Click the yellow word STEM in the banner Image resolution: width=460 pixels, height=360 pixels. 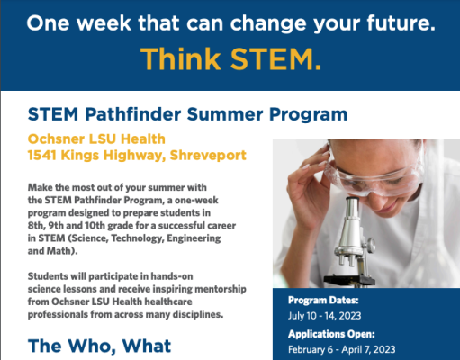tap(275, 59)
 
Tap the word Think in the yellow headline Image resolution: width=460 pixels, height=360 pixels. tap(180, 59)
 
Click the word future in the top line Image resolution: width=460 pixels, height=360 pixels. tap(401, 23)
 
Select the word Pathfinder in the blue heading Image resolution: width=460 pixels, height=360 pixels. tap(133, 114)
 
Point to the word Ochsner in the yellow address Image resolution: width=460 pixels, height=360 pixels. tap(56, 139)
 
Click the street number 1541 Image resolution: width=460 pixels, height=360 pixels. tap(42, 156)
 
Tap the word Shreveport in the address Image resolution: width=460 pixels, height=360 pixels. tap(208, 156)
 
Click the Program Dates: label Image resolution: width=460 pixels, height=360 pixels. tap(323, 301)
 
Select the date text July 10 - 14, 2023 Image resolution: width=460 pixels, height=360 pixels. tap(324, 316)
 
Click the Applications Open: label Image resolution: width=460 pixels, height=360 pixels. tap(331, 334)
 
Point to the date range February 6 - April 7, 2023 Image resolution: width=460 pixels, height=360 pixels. tap(341, 349)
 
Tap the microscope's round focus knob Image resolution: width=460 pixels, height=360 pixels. tap(372, 245)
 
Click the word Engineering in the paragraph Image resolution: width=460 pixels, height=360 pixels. tap(194, 238)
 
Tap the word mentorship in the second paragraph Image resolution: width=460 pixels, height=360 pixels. tap(221, 289)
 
